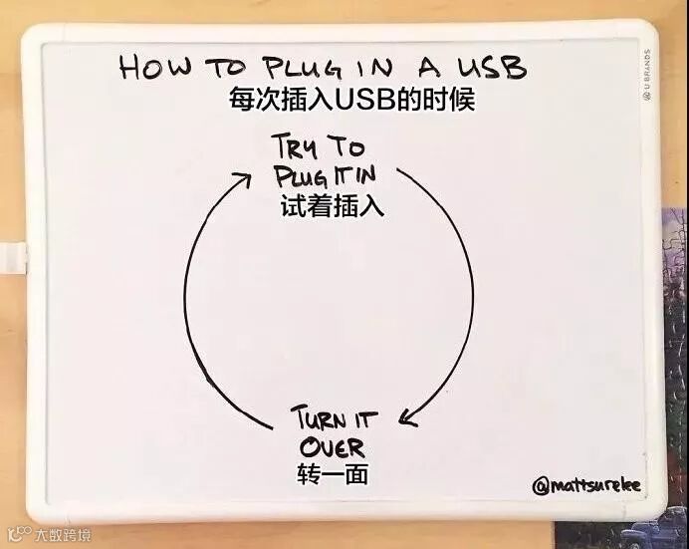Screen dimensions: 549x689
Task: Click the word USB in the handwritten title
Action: pos(487,68)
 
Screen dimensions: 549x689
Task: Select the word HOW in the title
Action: pos(150,69)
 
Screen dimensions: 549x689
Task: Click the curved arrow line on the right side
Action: pos(466,289)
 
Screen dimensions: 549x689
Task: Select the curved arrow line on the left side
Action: pos(187,299)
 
